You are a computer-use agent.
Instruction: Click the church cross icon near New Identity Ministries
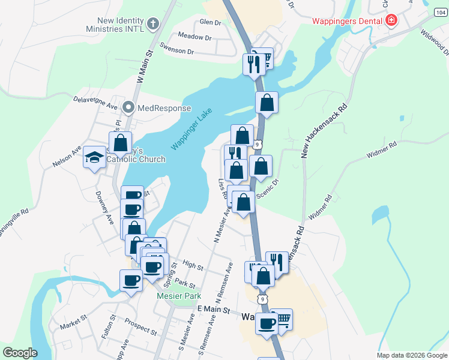point(153,25)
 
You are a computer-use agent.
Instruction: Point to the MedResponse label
point(164,109)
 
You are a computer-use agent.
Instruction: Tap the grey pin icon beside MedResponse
point(128,108)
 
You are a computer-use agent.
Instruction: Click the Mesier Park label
point(178,296)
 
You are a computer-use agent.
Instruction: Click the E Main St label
point(214,310)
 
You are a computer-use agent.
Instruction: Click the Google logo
point(20,353)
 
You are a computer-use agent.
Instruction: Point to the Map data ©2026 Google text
point(411,355)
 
